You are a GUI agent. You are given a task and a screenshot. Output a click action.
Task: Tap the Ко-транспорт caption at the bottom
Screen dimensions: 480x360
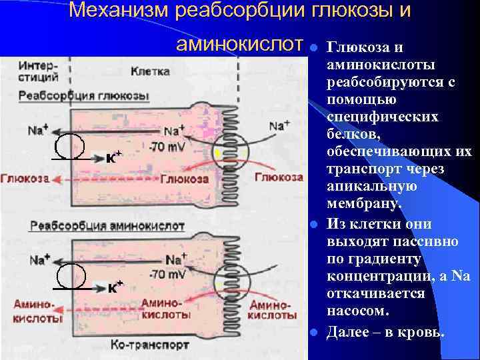tap(151, 345)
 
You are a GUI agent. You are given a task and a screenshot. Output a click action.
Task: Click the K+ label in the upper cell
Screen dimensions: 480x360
tap(115, 157)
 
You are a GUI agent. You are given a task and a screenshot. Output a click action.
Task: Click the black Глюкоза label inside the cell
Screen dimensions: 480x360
tap(184, 179)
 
